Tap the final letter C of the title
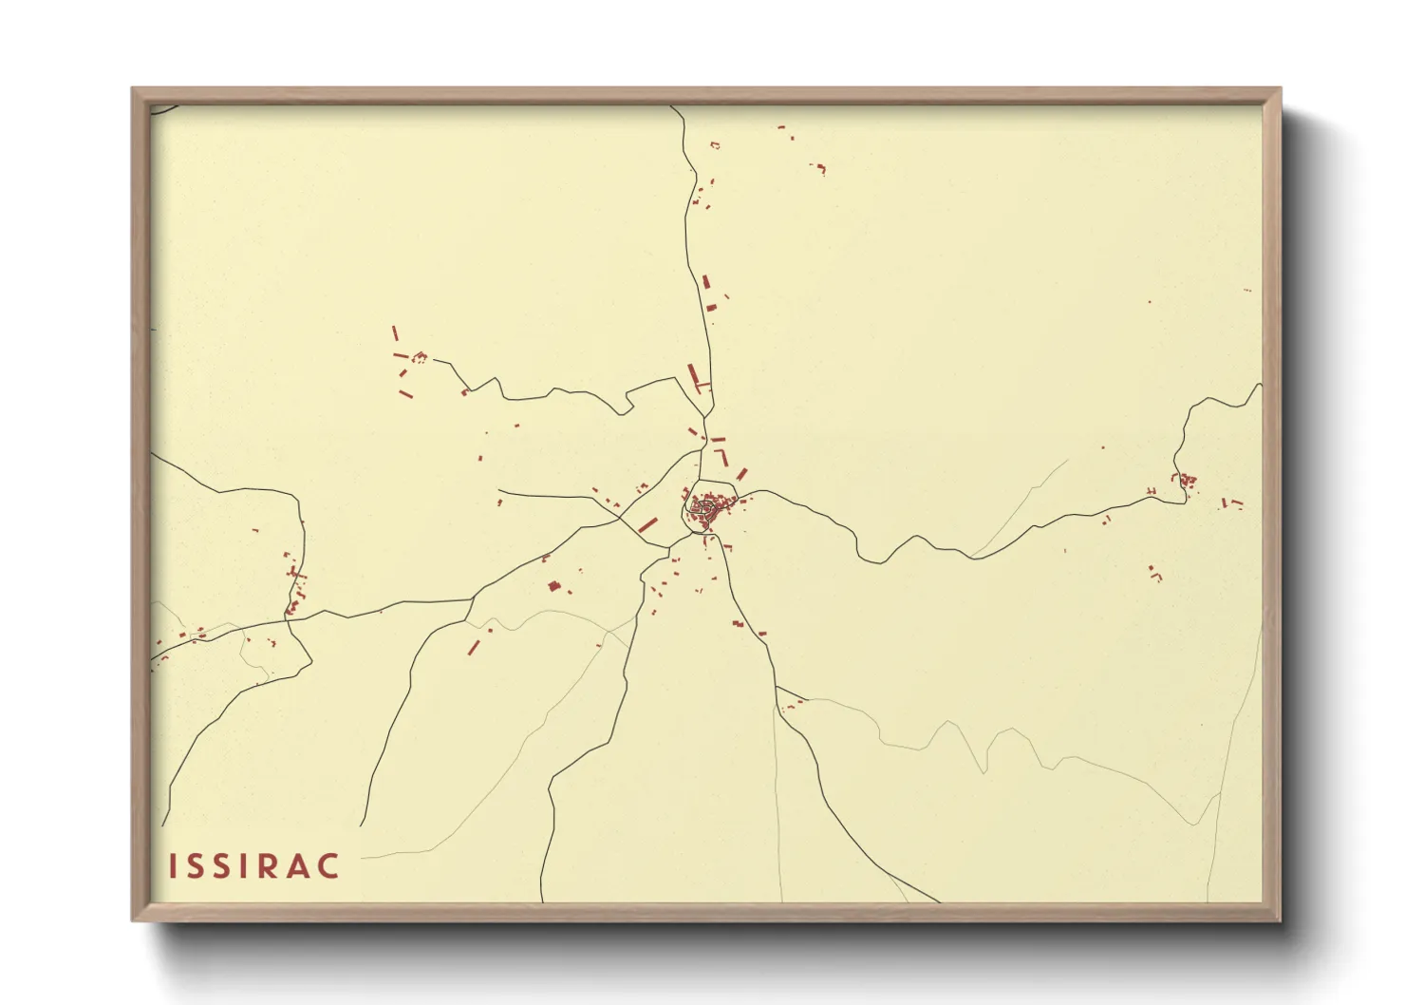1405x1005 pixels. [x=328, y=866]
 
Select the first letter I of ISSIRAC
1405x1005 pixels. [x=173, y=866]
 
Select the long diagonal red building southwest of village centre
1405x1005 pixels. [x=648, y=524]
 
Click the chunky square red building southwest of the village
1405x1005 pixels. [x=553, y=586]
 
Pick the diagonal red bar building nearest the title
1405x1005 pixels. [x=474, y=647]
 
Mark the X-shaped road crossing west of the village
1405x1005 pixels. [x=622, y=518]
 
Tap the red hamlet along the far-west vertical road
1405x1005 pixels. [x=294, y=589]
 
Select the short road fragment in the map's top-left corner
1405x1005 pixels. [x=163, y=109]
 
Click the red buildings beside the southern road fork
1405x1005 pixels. [x=792, y=704]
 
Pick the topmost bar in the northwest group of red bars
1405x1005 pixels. [x=395, y=333]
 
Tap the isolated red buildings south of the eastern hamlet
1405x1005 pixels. [x=1154, y=573]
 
